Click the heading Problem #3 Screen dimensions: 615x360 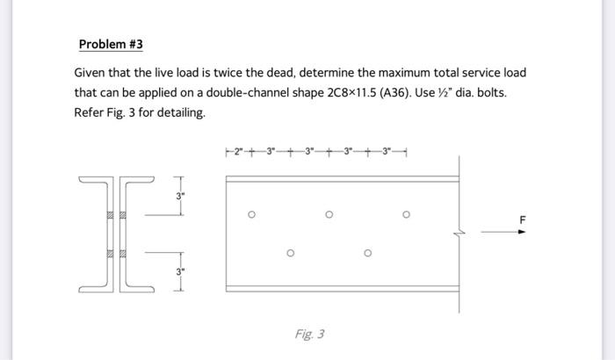111,44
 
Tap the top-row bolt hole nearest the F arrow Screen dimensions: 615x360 407,213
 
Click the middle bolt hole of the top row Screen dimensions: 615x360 329,213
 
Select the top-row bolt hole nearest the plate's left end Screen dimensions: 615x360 251,213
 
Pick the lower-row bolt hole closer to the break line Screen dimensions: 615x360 367,255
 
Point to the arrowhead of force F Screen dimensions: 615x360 521,233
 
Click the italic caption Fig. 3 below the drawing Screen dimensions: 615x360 310,334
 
